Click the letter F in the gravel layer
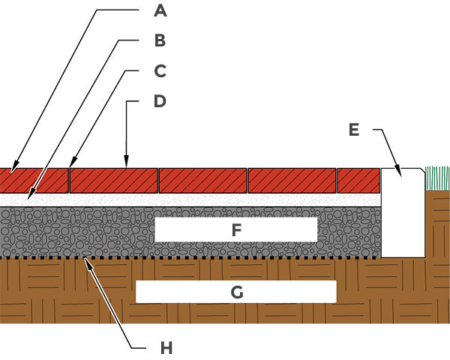tap(236, 230)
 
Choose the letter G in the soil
tap(236, 292)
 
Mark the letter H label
tap(166, 348)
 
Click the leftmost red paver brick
tap(34, 180)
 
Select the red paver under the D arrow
tap(114, 180)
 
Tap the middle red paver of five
tap(203, 180)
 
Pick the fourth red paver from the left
tap(292, 180)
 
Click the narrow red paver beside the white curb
tap(358, 180)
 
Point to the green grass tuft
tap(436, 178)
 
